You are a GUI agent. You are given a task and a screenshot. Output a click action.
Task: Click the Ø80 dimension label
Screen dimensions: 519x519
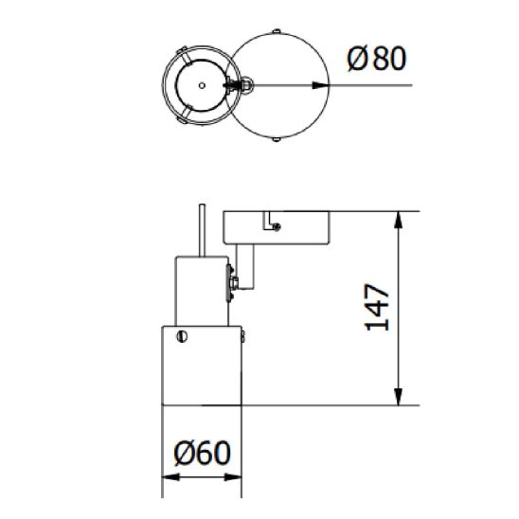click(376, 59)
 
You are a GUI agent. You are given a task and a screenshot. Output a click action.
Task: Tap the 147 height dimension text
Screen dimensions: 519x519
click(377, 307)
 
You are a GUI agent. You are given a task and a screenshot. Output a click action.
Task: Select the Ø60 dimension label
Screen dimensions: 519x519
click(202, 453)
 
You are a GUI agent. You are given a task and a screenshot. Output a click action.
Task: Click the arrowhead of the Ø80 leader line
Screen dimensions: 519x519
click(320, 85)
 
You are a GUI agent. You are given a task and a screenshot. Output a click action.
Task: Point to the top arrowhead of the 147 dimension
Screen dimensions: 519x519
click(399, 220)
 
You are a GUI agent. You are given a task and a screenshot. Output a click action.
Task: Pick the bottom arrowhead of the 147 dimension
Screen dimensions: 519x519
click(399, 397)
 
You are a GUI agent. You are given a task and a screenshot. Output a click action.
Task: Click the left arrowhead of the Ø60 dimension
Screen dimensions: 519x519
click(170, 477)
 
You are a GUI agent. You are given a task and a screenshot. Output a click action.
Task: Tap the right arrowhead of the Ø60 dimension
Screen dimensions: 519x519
click(233, 477)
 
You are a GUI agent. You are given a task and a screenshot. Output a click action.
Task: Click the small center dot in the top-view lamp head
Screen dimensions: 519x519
click(202, 86)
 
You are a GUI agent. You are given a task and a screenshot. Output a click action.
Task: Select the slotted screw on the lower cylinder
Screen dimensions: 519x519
click(182, 336)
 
